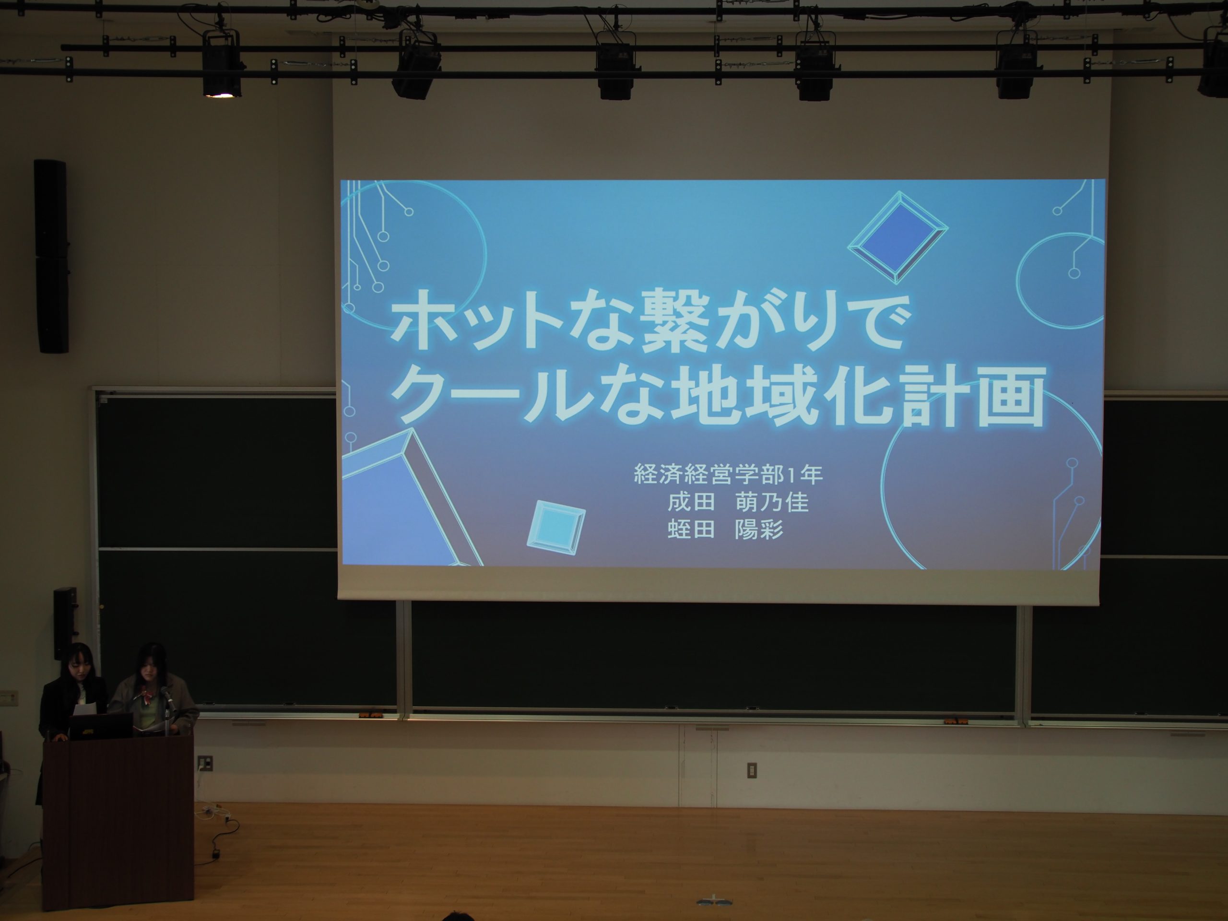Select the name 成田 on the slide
[x=691, y=502]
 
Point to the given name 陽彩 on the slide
[x=759, y=530]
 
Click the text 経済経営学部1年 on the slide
[x=728, y=474]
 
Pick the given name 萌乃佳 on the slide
[x=772, y=502]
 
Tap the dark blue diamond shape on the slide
[x=897, y=237]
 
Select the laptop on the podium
[x=101, y=726]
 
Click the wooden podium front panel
[x=118, y=825]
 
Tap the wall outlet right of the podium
[x=205, y=763]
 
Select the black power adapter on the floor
[x=215, y=851]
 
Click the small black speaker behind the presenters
[x=65, y=623]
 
